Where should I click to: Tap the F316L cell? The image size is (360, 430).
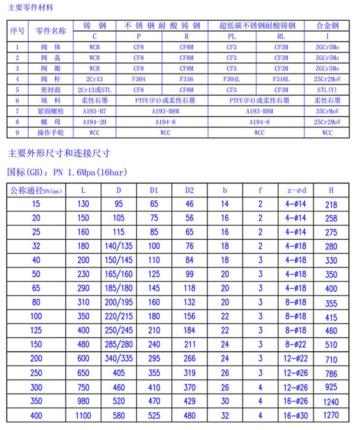pos(280,79)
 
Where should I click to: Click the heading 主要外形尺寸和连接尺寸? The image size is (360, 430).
pos(60,153)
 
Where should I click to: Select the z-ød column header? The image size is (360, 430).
pos(296,190)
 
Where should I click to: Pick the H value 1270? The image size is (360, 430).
pos(331,415)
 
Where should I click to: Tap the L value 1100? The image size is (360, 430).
pos(84,415)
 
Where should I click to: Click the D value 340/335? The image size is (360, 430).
pos(119,358)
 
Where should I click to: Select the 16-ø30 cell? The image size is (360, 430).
pos(296,415)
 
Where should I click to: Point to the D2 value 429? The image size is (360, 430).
pos(190,401)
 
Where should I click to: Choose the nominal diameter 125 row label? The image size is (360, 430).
pos(36,331)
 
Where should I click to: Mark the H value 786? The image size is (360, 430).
pos(331,373)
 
